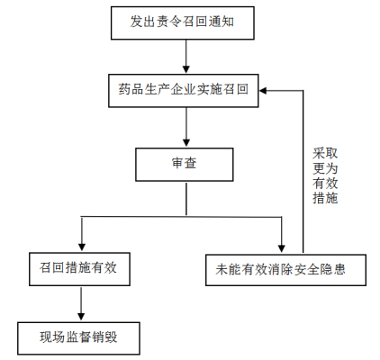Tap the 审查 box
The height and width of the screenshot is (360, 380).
(x=184, y=164)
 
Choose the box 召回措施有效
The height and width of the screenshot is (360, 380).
(x=79, y=268)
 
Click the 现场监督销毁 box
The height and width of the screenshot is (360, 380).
(x=79, y=338)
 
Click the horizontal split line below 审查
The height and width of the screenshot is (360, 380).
(x=180, y=214)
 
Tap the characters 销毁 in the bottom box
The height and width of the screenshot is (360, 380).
(x=105, y=338)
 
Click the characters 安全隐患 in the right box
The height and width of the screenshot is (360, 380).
(x=334, y=268)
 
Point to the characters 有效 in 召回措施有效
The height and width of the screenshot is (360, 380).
(x=105, y=268)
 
